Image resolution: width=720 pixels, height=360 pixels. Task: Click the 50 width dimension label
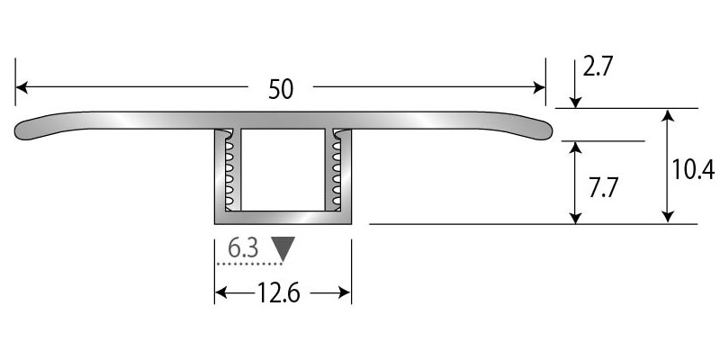tap(281, 89)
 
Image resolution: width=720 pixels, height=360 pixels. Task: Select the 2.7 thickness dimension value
tap(598, 67)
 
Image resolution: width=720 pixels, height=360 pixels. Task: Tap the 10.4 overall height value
tap(693, 170)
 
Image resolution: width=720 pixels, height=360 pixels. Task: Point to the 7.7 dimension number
tap(603, 187)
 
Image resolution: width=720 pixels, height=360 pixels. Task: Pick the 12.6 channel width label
tap(278, 293)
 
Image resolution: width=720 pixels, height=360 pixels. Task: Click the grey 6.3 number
tap(243, 248)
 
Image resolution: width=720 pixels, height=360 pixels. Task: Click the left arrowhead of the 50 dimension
tap(22, 86)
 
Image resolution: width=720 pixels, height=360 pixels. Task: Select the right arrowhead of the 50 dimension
tap(539, 86)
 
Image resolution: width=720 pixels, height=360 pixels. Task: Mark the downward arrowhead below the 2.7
tap(575, 103)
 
